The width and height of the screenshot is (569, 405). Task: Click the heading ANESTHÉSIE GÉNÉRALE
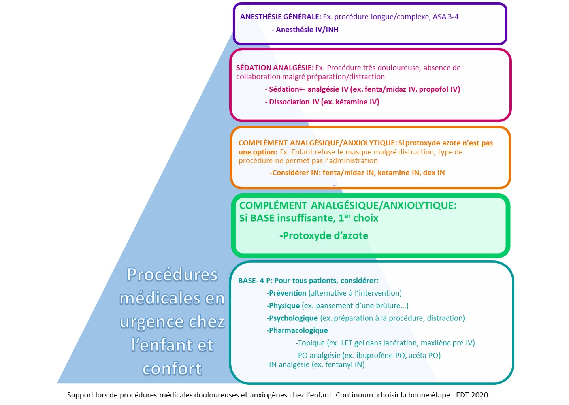coord(281,17)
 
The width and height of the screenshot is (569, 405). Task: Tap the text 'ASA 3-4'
coord(446,17)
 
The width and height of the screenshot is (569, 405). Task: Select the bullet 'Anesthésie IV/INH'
coord(305,30)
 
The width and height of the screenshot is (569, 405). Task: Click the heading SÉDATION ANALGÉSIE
coord(275,68)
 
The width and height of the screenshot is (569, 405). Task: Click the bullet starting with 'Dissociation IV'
coord(322,102)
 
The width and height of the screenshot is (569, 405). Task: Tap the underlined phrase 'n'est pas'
coord(478,143)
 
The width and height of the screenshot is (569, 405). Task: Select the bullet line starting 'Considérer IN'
coord(357,173)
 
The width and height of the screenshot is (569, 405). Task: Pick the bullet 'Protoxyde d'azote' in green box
coord(324,236)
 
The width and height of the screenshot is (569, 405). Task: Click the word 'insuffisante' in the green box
coord(306,218)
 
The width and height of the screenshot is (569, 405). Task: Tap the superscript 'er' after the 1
coord(347,216)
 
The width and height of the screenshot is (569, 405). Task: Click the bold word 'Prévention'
coord(286,293)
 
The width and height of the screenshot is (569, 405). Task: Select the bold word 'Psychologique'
coord(292,318)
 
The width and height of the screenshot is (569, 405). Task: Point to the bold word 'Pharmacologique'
coord(297,330)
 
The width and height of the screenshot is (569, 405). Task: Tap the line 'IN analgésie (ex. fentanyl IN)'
coord(316,365)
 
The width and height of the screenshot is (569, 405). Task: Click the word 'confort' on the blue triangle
coord(172,368)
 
